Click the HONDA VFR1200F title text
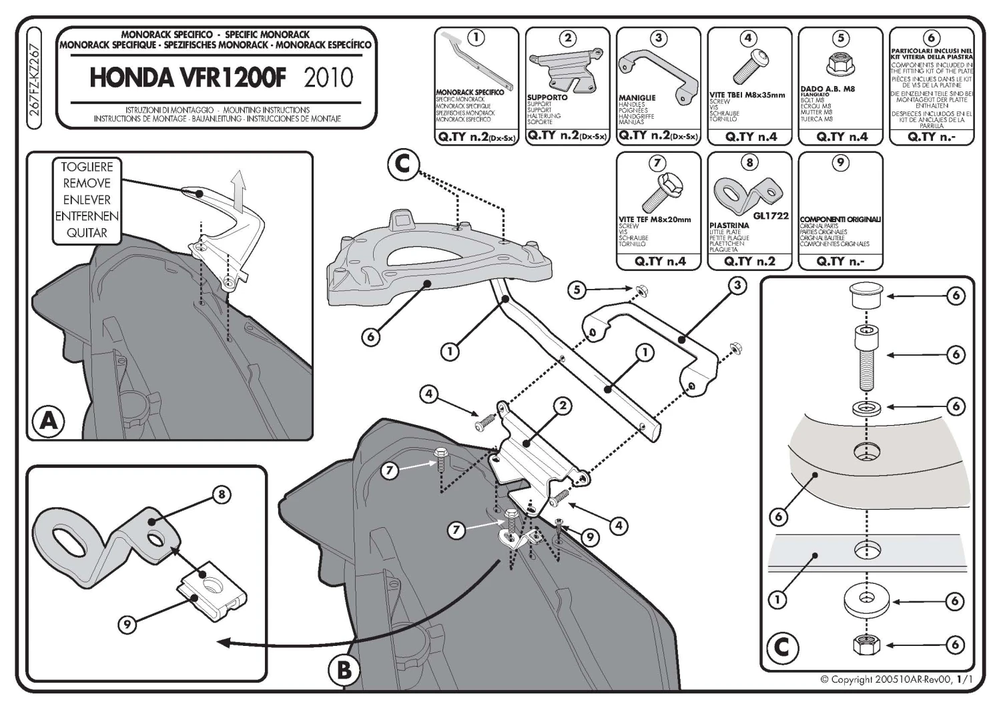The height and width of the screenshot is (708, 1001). (x=188, y=78)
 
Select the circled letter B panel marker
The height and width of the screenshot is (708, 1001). (x=344, y=669)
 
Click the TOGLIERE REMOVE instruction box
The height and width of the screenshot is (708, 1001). (x=87, y=200)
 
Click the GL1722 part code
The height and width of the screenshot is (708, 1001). (x=770, y=216)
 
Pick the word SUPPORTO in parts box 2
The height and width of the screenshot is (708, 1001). (x=547, y=97)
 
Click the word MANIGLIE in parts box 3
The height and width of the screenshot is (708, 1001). (x=637, y=98)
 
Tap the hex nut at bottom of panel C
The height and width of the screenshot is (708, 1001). (x=865, y=645)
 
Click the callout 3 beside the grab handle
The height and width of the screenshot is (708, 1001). (x=737, y=286)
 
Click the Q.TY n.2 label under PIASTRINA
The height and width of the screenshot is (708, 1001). (x=749, y=262)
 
